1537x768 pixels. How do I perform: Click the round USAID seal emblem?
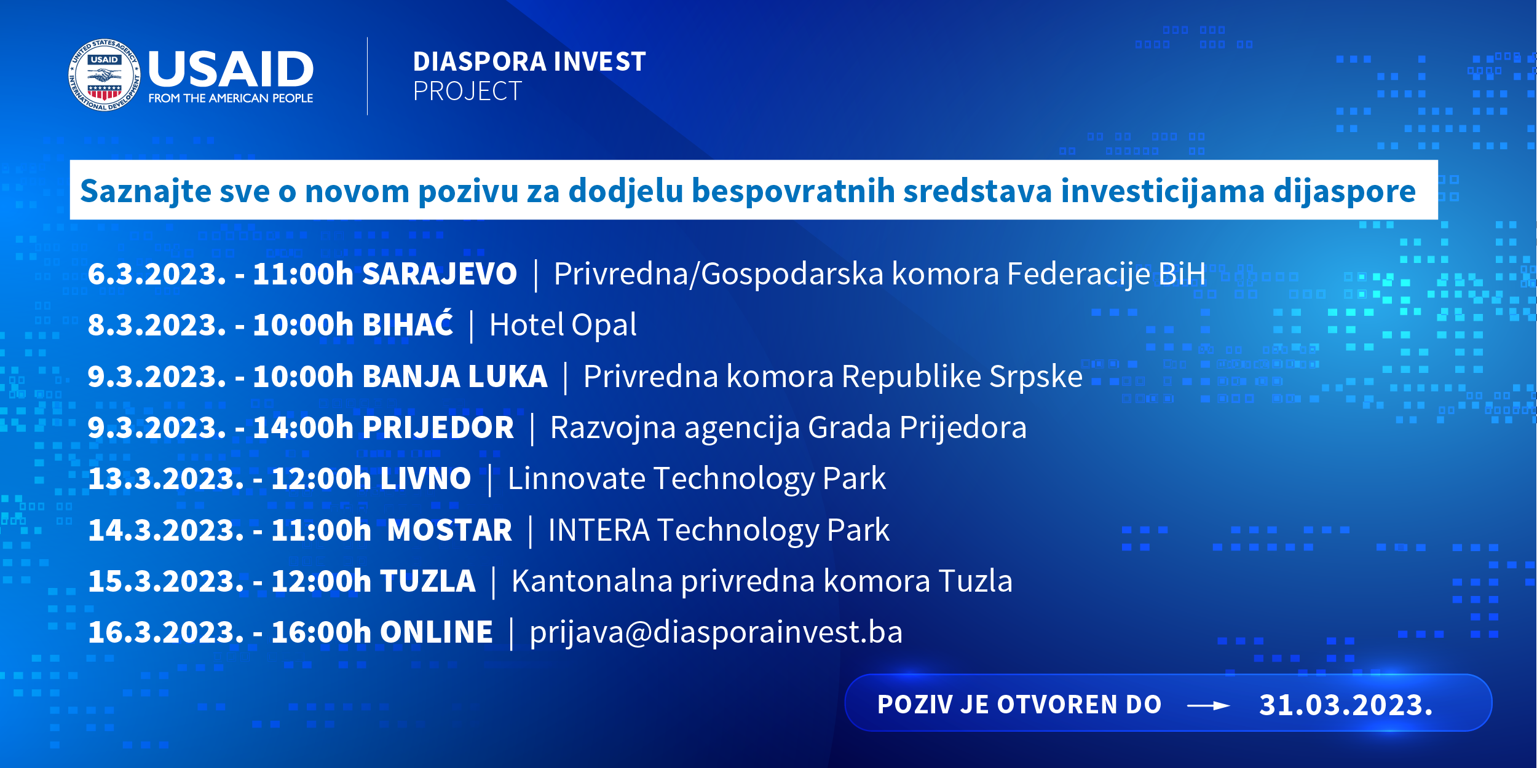tap(105, 75)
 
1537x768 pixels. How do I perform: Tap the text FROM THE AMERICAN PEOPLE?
tap(231, 98)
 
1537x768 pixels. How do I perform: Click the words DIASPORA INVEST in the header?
tap(529, 61)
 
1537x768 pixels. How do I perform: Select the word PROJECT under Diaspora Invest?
tap(467, 92)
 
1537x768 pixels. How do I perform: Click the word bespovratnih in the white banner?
tap(793, 190)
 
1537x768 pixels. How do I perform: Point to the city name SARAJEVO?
tap(440, 273)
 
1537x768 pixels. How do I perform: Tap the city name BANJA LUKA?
tap(455, 376)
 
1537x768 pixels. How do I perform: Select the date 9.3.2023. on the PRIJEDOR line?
tap(157, 428)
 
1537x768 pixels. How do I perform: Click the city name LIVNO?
tap(425, 479)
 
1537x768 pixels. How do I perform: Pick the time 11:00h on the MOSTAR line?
tap(321, 530)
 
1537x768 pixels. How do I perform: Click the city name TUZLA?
tap(428, 581)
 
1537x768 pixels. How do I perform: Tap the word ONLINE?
tap(437, 632)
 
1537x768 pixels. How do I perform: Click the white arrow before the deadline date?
tap(1209, 706)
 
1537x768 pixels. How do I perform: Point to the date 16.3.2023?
tap(167, 632)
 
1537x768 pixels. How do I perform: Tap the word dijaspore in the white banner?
tap(1345, 191)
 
